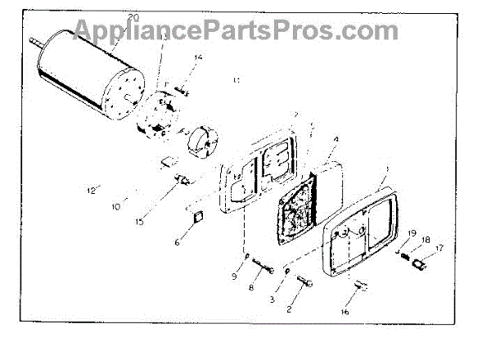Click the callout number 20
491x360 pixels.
[135, 16]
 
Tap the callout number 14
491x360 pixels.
[174, 56]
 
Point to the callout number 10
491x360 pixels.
[115, 206]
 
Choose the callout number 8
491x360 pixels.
[251, 287]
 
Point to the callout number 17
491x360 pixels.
[439, 249]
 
